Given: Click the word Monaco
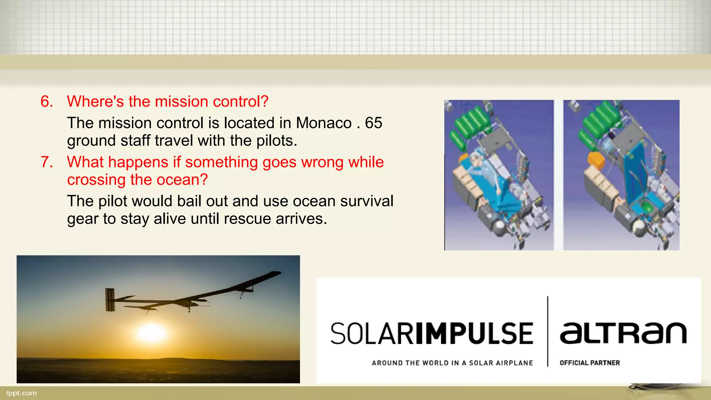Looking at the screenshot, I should pyautogui.click(x=324, y=123).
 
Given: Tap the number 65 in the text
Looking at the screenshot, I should pyautogui.click(x=373, y=123).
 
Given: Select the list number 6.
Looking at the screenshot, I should pyautogui.click(x=47, y=101).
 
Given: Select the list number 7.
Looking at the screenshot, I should pyautogui.click(x=47, y=162).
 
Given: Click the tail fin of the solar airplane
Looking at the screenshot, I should pyautogui.click(x=110, y=300).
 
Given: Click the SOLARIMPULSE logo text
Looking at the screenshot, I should pyautogui.click(x=432, y=333).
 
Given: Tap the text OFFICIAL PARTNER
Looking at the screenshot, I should pyautogui.click(x=589, y=363).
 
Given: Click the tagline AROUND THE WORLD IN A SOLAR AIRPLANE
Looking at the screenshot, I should pyautogui.click(x=452, y=363).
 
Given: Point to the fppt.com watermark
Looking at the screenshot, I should pyautogui.click(x=22, y=393).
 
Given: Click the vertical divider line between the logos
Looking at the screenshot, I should pyautogui.click(x=547, y=332).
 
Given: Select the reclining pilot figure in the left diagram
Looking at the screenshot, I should pyautogui.click(x=486, y=170).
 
